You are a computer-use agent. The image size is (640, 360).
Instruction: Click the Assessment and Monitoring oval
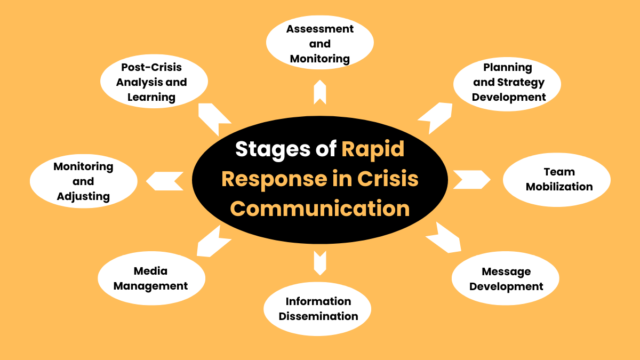click(x=319, y=44)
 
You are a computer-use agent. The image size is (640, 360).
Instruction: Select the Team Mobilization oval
click(x=557, y=179)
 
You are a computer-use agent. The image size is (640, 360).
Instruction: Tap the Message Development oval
click(x=506, y=279)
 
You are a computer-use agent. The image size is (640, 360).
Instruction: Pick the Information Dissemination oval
click(x=318, y=309)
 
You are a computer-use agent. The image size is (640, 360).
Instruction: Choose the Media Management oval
click(x=151, y=279)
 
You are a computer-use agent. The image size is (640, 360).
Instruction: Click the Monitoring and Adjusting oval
click(x=83, y=181)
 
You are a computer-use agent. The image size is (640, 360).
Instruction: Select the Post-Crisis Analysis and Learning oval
click(x=154, y=82)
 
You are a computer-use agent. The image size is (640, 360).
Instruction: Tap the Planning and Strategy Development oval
click(x=507, y=83)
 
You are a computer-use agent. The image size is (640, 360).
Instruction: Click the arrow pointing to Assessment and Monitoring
click(x=319, y=92)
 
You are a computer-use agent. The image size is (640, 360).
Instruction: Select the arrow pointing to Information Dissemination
click(x=319, y=261)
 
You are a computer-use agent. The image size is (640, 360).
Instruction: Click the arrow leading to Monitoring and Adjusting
click(x=165, y=181)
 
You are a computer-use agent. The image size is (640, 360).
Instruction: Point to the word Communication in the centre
click(x=319, y=208)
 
